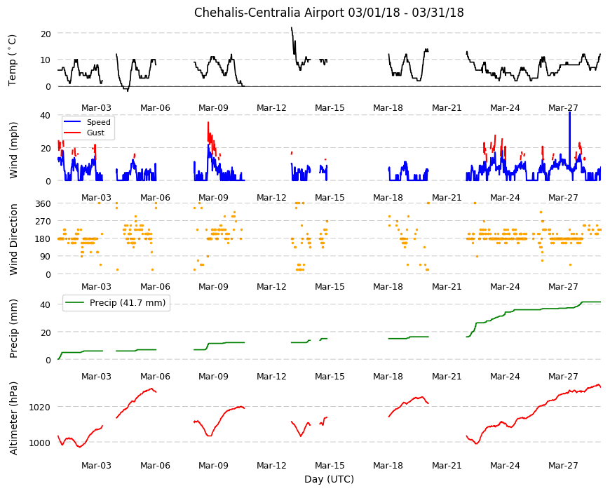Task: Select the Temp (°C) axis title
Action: tap(13, 60)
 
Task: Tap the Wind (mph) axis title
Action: tap(13, 150)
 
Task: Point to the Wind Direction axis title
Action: tap(13, 240)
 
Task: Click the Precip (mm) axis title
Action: tap(13, 329)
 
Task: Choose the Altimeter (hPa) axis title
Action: tap(13, 418)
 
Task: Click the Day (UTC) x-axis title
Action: tap(329, 479)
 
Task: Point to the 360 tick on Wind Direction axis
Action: tap(43, 203)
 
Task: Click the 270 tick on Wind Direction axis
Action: tap(43, 222)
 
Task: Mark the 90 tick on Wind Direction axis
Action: tap(46, 257)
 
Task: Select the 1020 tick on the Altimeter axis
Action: tap(40, 407)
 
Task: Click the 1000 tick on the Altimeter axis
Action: tap(40, 443)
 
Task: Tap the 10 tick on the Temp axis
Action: tap(46, 60)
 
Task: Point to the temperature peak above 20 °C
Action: tap(292, 28)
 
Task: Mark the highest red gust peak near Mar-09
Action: tap(208, 123)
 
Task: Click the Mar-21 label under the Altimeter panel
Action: tap(447, 465)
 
